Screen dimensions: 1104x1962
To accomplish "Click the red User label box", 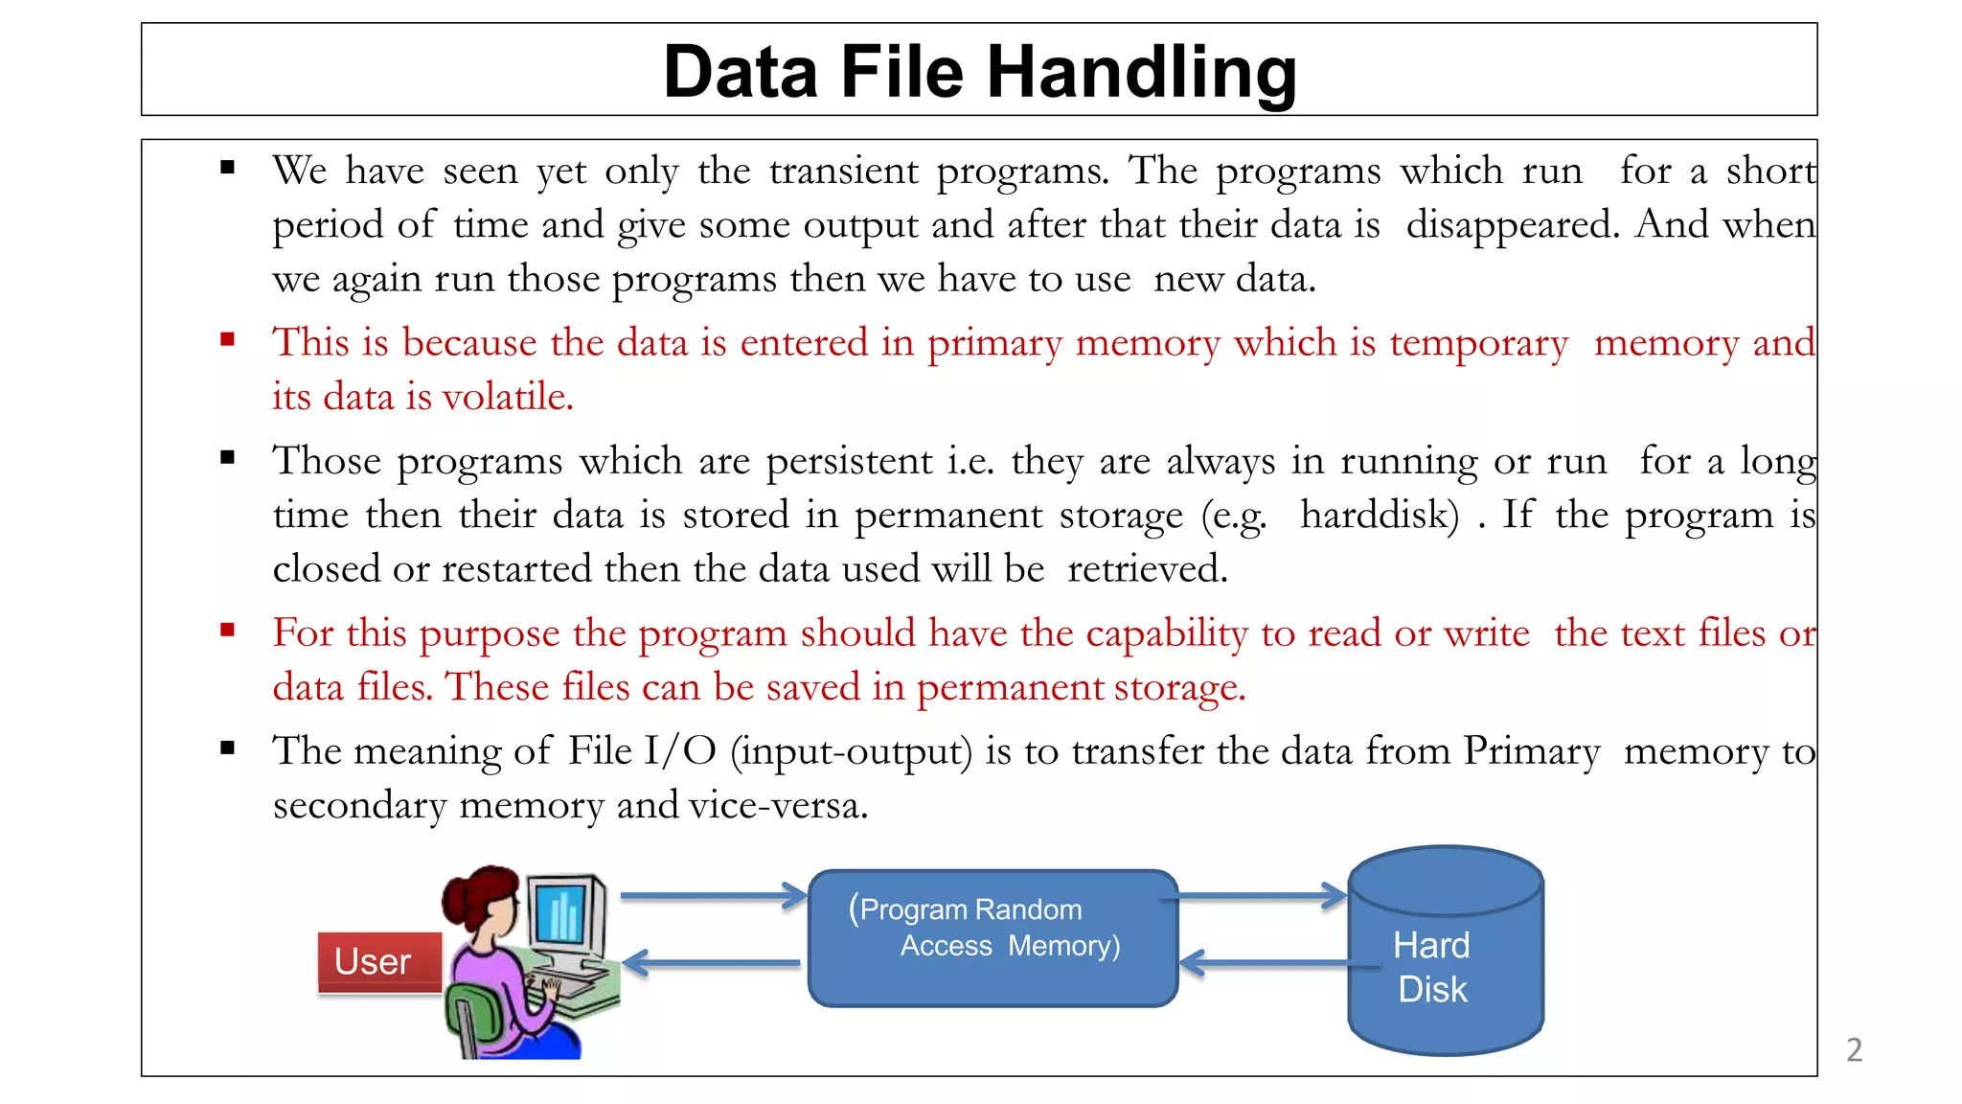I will (379, 961).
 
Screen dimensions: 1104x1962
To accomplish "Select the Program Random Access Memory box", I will (992, 938).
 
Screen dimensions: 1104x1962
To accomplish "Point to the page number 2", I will (1854, 1050).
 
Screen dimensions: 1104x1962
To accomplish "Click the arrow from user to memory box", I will (713, 896).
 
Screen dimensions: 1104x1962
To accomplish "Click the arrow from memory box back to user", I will (713, 962).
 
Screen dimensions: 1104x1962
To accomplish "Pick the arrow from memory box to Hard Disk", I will (1261, 896).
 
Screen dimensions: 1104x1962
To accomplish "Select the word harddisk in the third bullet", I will (1380, 516).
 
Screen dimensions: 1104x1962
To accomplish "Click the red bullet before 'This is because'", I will (227, 339).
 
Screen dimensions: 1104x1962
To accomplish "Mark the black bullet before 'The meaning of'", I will (227, 748).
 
